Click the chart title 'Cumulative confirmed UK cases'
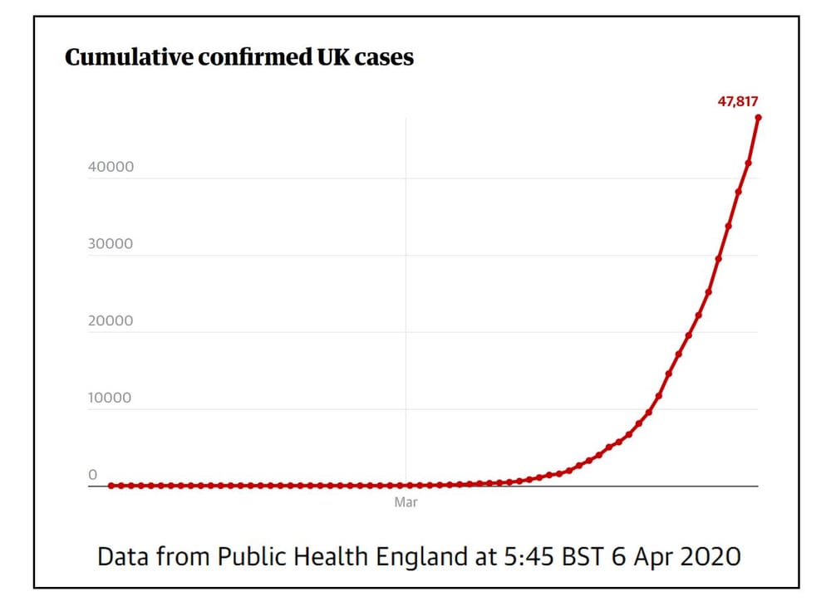pyautogui.click(x=239, y=58)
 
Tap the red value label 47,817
pyautogui.click(x=738, y=101)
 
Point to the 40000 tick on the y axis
pyautogui.click(x=111, y=167)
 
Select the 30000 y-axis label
pyautogui.click(x=111, y=244)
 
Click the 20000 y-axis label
pyautogui.click(x=111, y=321)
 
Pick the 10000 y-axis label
pyautogui.click(x=111, y=398)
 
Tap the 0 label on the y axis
pyautogui.click(x=93, y=474)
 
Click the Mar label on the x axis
pyautogui.click(x=406, y=502)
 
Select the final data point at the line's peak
pyautogui.click(x=758, y=117)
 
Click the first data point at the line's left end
pyautogui.click(x=112, y=485)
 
